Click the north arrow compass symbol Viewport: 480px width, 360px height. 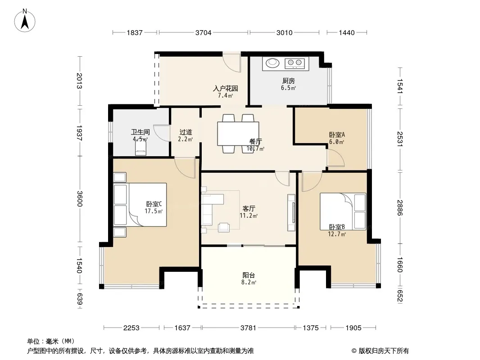(25, 21)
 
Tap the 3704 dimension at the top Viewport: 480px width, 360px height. (203, 33)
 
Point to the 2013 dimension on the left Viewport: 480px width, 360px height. (79, 81)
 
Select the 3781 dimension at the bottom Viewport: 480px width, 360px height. (248, 328)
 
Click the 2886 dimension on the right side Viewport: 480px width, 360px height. (400, 207)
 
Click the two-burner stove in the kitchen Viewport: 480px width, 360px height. (295, 63)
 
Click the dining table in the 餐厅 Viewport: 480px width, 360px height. (238, 134)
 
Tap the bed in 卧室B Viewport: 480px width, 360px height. (343, 211)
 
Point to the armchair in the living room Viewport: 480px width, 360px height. (224, 227)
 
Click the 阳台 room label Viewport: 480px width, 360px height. (249, 275)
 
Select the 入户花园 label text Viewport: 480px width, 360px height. (225, 88)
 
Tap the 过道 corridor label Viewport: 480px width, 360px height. (186, 132)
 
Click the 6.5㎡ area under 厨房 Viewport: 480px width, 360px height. (288, 88)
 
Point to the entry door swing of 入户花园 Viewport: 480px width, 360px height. (231, 63)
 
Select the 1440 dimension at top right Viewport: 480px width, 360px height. (347, 33)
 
